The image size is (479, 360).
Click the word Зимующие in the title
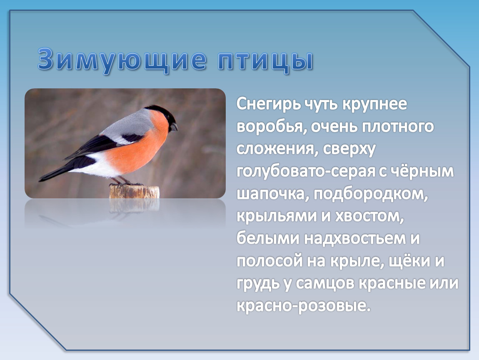(x=122, y=60)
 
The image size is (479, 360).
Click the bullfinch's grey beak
(x=174, y=127)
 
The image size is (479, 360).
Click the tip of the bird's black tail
(x=40, y=180)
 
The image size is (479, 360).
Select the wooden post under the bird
(x=135, y=192)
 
